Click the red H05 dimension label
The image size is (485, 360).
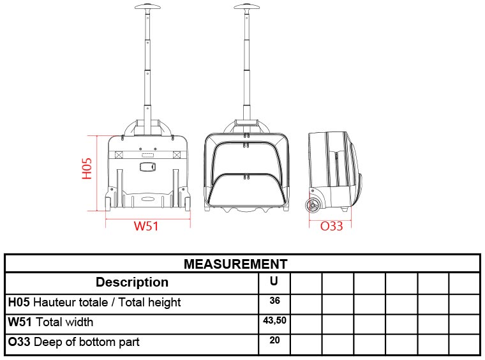tap(87, 169)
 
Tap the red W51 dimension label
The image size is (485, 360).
tap(146, 226)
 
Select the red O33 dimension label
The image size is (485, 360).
tap(331, 226)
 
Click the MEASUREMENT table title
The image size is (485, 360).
tap(235, 264)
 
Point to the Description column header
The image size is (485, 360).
tap(132, 282)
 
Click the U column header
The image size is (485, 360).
tap(274, 281)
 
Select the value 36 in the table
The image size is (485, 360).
tap(274, 301)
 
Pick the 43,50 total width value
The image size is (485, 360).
tap(274, 320)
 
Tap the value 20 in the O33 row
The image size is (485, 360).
tap(274, 340)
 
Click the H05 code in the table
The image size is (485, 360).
tap(19, 302)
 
